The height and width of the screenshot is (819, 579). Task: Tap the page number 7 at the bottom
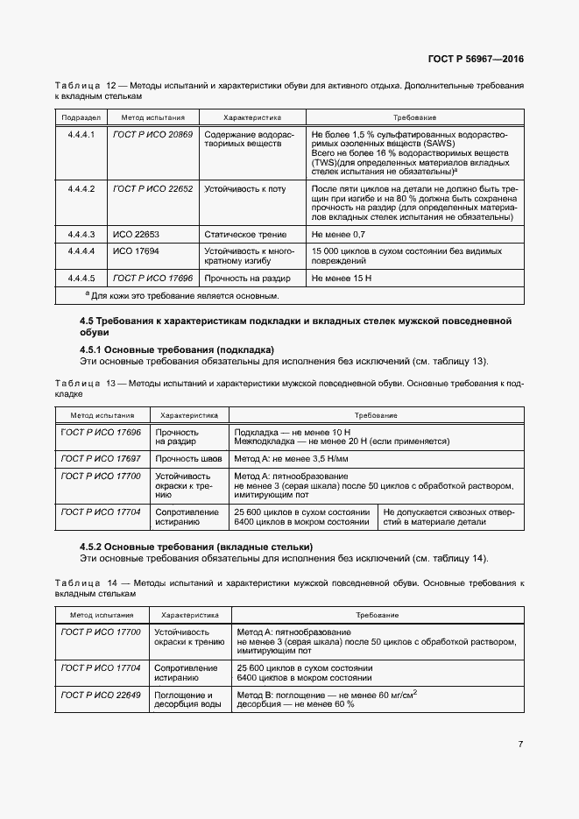tap(520, 745)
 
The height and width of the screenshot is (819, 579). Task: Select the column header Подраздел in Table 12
tap(81, 117)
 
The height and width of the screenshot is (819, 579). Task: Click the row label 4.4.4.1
tap(81, 134)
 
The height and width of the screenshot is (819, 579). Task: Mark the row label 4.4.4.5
tap(81, 279)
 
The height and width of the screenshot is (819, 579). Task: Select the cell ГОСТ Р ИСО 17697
tap(101, 458)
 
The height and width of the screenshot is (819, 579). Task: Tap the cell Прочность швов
tap(187, 458)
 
